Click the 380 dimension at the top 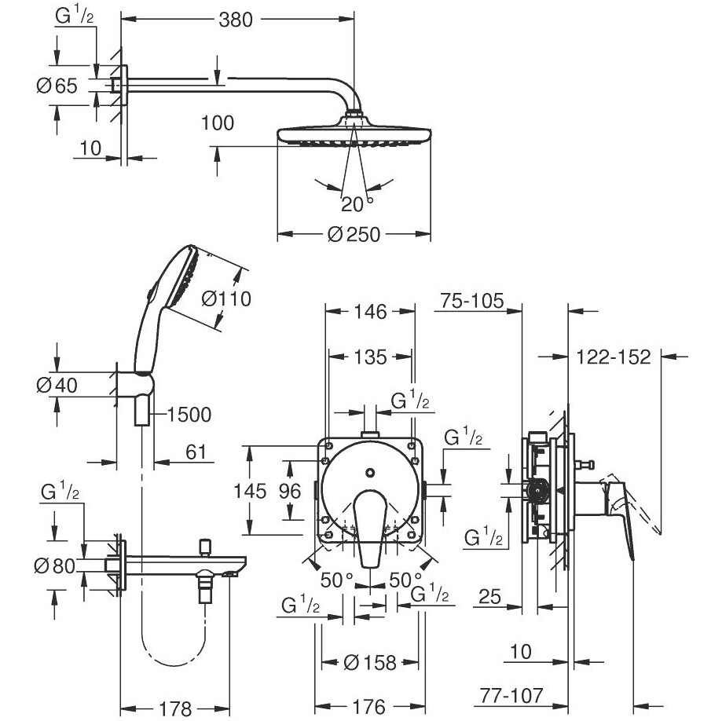(235, 20)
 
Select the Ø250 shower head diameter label (354, 235)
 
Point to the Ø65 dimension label (57, 86)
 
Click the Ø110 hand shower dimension (226, 298)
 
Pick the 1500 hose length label (189, 415)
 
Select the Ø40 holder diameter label (57, 386)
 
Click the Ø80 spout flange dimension (55, 565)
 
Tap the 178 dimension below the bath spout (175, 709)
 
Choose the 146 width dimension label (370, 312)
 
